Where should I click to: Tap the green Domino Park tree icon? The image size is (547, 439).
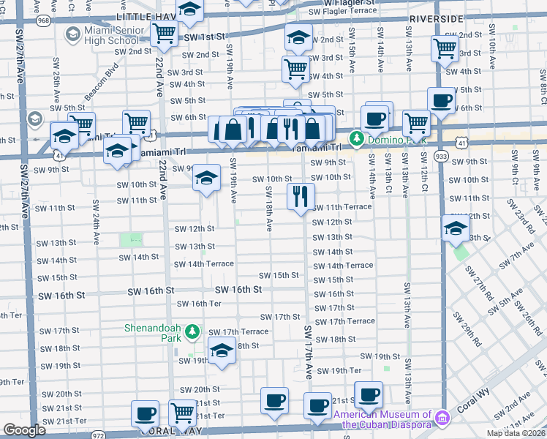pyautogui.click(x=357, y=137)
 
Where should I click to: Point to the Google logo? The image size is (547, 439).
pyautogui.click(x=24, y=430)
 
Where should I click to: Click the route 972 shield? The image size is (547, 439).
pyautogui.click(x=99, y=434)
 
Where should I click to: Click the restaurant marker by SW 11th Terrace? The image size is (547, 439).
pyautogui.click(x=301, y=196)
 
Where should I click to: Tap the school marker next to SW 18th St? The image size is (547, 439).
pyautogui.click(x=222, y=350)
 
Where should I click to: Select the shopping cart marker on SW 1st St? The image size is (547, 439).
pyautogui.click(x=165, y=33)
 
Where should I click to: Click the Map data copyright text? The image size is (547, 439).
pyautogui.click(x=516, y=433)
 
